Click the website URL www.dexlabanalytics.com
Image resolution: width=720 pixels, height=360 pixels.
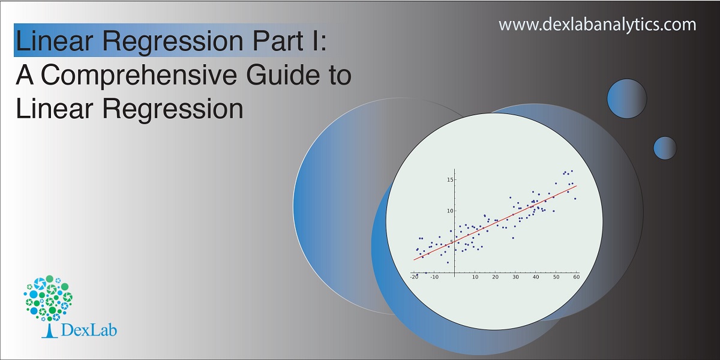click(x=597, y=25)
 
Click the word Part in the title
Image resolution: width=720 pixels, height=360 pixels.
click(x=278, y=41)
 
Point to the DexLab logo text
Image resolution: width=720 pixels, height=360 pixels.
click(x=88, y=330)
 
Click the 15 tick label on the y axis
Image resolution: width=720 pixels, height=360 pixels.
click(x=449, y=179)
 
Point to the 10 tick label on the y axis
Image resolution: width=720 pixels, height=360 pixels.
click(x=449, y=211)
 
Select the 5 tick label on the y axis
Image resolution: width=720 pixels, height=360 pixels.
click(x=451, y=242)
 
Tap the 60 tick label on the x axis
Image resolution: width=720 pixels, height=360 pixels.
click(x=577, y=277)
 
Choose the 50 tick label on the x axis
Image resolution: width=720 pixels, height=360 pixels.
click(x=556, y=277)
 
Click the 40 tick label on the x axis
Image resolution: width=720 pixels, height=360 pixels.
click(x=536, y=277)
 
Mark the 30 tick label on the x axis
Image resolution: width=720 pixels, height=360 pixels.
click(x=515, y=277)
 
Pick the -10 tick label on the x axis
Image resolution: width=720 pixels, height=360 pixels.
click(x=434, y=277)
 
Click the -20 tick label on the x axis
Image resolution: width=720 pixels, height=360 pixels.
click(x=414, y=277)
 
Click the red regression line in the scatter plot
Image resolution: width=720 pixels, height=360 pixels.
click(x=495, y=223)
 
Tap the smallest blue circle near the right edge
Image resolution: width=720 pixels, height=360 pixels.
click(x=665, y=148)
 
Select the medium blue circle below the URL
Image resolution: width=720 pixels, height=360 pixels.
click(x=627, y=98)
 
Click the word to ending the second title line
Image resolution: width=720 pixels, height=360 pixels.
click(x=335, y=76)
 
